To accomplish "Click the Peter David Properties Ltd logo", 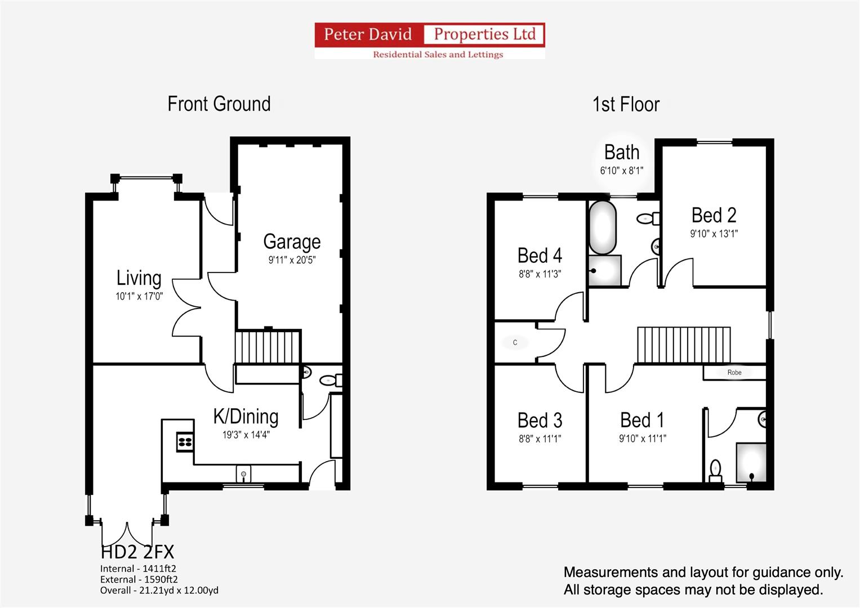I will pyautogui.click(x=430, y=41).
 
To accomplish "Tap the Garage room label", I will pyautogui.click(x=292, y=242).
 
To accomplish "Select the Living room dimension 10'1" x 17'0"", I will pyautogui.click(x=139, y=296).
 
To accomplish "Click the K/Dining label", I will pyautogui.click(x=246, y=417).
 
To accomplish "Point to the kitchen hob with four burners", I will pyautogui.click(x=185, y=441).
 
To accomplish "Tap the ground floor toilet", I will pyautogui.click(x=330, y=381).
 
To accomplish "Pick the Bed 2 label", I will pyautogui.click(x=714, y=216).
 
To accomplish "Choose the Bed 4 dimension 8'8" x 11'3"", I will pyautogui.click(x=540, y=274).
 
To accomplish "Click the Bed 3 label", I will pyautogui.click(x=540, y=421).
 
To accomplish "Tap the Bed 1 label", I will pyautogui.click(x=642, y=420).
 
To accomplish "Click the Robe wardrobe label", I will pyautogui.click(x=734, y=372).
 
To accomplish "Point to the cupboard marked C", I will pyautogui.click(x=515, y=342).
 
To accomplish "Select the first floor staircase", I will pyautogui.click(x=683, y=345).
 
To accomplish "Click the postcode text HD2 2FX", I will pyautogui.click(x=137, y=552).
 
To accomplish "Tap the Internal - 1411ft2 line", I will pyautogui.click(x=138, y=569).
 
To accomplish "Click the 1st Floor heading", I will pyautogui.click(x=626, y=105).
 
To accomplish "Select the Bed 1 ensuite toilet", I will pyautogui.click(x=715, y=471).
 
